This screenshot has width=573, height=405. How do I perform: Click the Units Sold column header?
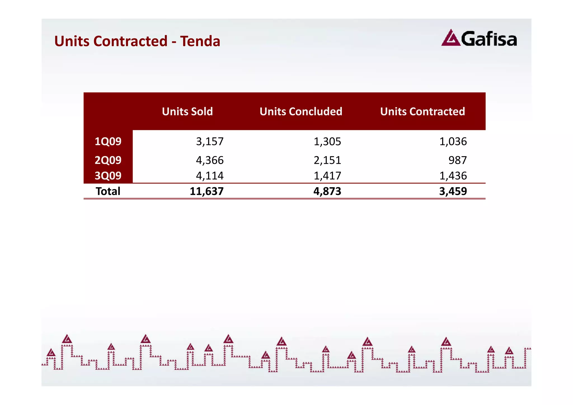(x=187, y=111)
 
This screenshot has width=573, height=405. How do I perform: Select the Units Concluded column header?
(x=301, y=111)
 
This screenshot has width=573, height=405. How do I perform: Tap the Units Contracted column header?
(x=422, y=111)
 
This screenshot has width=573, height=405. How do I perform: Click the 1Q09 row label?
(x=108, y=141)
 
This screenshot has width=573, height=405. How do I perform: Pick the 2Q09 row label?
(x=108, y=160)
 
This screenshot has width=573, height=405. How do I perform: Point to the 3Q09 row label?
(x=108, y=176)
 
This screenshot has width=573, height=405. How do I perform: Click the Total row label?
(x=108, y=191)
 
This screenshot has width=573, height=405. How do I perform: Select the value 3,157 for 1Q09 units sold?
(x=210, y=141)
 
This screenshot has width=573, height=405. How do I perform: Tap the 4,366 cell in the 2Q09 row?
(x=210, y=160)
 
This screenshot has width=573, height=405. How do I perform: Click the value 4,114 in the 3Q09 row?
(x=210, y=176)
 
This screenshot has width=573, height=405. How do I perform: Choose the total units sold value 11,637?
(x=207, y=191)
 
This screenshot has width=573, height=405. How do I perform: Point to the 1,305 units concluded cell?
(x=327, y=141)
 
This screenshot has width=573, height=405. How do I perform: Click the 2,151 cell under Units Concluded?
(x=327, y=160)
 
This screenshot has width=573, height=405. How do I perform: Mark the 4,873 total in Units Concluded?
(x=327, y=191)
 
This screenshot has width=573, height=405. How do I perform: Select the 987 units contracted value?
(x=457, y=160)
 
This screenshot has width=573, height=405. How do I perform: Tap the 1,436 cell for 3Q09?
(x=453, y=176)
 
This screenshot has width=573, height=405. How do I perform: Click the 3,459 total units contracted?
(x=453, y=191)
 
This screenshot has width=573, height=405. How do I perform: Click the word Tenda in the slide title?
(x=200, y=41)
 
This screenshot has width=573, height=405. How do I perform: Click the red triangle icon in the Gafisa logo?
(x=451, y=39)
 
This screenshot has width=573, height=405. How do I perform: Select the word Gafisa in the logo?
(x=489, y=39)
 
